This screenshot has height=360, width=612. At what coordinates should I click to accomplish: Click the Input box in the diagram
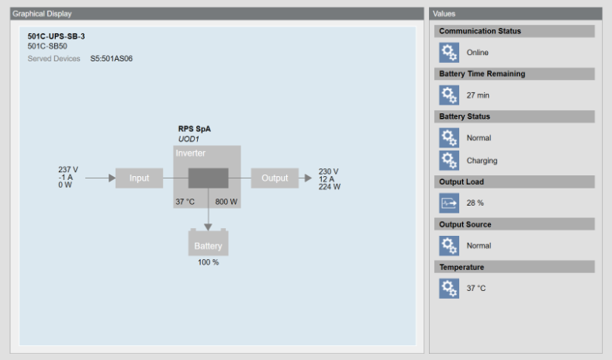[x=139, y=178]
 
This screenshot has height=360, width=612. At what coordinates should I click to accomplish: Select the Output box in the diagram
[x=275, y=178]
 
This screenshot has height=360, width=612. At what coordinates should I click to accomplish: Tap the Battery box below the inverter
[x=208, y=245]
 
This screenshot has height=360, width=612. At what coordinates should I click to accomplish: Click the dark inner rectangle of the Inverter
[x=208, y=178]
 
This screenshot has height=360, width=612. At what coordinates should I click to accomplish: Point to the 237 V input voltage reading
[x=68, y=170]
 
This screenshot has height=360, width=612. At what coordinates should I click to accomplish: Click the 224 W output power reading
[x=329, y=187]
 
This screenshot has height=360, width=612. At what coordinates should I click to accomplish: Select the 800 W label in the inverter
[x=226, y=202]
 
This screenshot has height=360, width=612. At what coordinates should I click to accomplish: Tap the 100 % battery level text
[x=208, y=262]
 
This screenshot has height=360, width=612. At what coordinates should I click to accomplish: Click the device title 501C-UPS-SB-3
[x=56, y=36]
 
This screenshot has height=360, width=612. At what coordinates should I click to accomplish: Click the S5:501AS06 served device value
[x=111, y=58]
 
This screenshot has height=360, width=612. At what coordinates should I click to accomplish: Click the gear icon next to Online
[x=449, y=52]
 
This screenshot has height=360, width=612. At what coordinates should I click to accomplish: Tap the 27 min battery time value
[x=478, y=95]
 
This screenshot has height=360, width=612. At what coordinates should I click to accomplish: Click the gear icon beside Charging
[x=449, y=161]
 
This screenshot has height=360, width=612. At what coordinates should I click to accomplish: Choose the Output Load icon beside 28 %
[x=449, y=202]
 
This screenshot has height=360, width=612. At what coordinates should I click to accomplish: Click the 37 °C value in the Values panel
[x=476, y=289]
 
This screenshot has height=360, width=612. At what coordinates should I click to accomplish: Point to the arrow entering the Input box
[x=100, y=178]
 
